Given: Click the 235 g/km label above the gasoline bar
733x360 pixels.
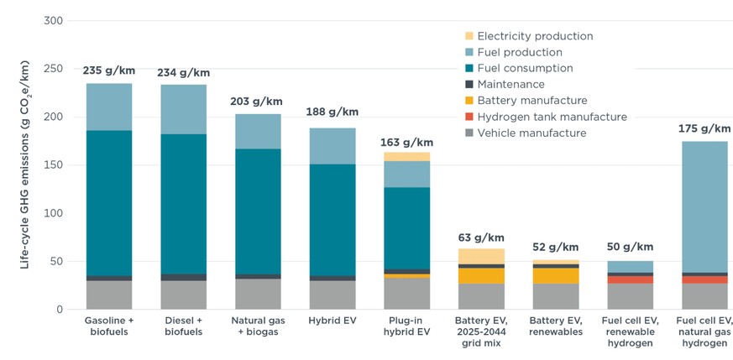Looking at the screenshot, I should [x=107, y=70].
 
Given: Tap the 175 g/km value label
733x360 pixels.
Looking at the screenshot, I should [x=704, y=128].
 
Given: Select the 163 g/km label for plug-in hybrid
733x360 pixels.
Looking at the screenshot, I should [x=406, y=143].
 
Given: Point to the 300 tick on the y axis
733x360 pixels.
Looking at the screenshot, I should [x=53, y=20].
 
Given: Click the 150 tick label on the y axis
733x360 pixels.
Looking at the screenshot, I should [x=53, y=164].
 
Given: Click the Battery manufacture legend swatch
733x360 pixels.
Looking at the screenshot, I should [x=469, y=101].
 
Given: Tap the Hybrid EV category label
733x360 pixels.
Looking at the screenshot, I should [x=332, y=321].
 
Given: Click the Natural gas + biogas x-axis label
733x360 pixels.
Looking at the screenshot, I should [x=257, y=326].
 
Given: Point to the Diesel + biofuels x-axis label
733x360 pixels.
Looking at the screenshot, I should [x=183, y=326].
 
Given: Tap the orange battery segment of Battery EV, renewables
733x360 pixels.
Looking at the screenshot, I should [x=555, y=276].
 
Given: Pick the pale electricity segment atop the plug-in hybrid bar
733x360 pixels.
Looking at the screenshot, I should [x=406, y=156].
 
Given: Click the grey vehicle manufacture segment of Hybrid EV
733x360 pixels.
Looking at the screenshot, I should [x=332, y=295].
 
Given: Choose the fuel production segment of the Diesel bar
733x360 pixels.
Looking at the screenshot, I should [x=183, y=109].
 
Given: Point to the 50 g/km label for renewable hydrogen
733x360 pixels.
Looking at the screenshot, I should [x=630, y=247].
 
